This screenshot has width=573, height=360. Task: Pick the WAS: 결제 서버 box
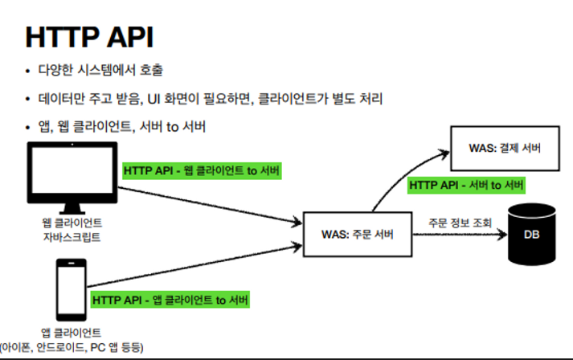504,149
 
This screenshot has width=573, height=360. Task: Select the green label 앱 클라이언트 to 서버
170,300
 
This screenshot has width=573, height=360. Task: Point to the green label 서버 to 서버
467,185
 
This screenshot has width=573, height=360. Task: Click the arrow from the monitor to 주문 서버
209,201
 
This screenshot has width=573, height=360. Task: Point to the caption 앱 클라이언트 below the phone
71,332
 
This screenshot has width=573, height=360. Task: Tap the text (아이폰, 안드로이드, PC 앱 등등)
72,347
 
